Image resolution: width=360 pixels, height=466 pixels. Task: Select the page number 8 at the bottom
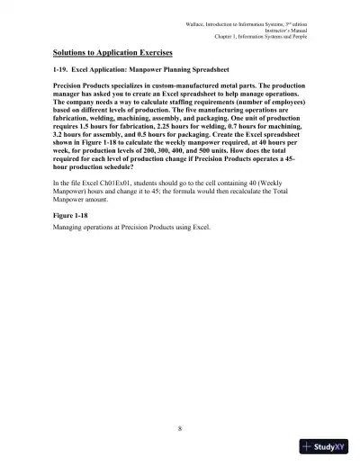(x=180, y=426)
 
